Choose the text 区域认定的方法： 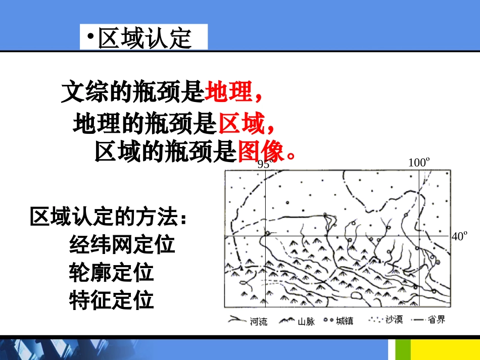point(109,217)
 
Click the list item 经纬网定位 point(122,245)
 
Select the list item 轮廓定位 point(111,273)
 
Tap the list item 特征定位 point(111,300)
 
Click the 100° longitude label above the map point(419,163)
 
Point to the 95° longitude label point(264,164)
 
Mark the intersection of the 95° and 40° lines point(266,236)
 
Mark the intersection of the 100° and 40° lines point(419,236)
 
